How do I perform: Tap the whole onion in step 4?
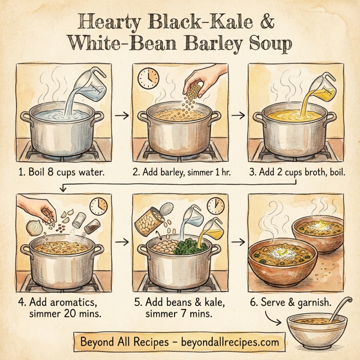(x=35, y=228)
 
